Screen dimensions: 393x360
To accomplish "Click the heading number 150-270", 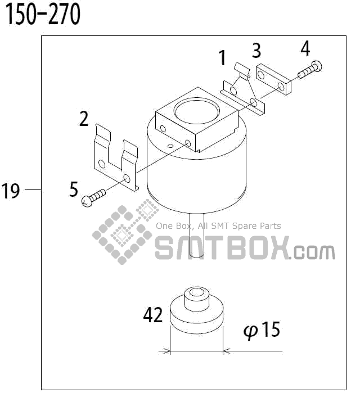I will pos(43,15).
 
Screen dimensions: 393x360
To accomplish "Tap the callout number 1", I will pos(222,57).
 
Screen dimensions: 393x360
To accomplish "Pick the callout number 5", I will pos(74,189).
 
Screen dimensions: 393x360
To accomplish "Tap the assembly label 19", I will pos(11,191).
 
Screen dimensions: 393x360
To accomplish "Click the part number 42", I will pos(153,315).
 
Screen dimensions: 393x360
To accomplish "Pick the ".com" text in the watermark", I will pos(314,252).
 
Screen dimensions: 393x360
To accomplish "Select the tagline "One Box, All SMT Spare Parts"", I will pos(218,226).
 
